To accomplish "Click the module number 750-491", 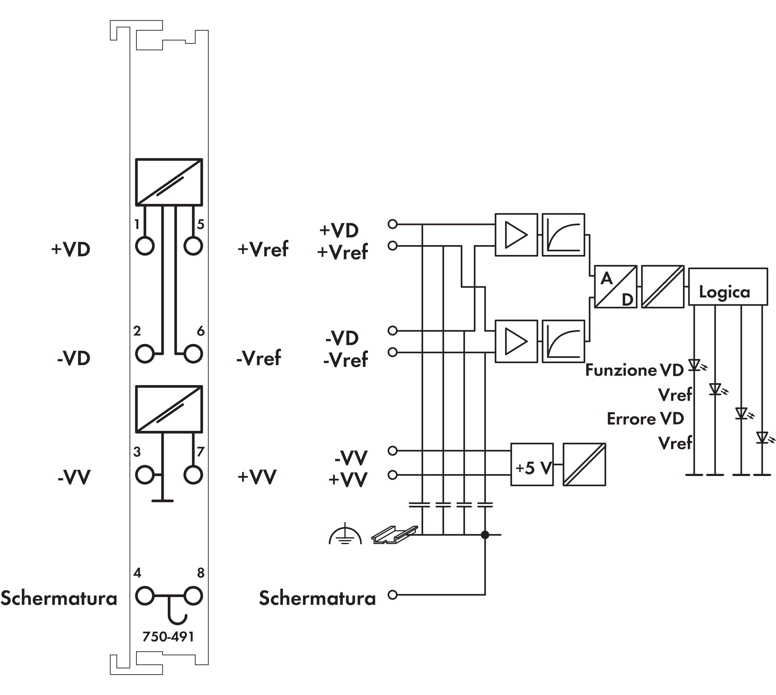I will (x=168, y=637).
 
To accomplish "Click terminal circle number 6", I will (x=193, y=354).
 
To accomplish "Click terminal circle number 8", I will (x=193, y=596).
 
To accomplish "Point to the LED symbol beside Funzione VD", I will (x=694, y=365).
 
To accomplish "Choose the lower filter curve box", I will (x=563, y=341).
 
